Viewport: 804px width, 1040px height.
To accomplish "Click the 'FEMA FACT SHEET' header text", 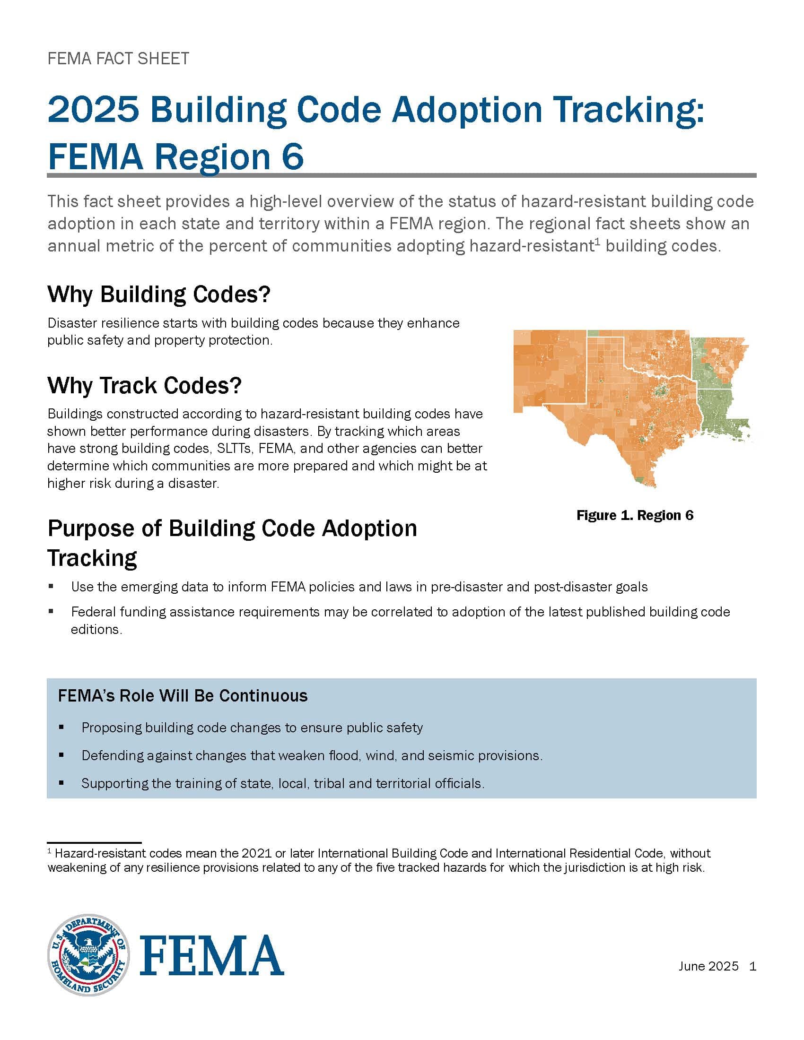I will tap(118, 59).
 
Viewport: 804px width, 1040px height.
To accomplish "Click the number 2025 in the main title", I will tap(93, 110).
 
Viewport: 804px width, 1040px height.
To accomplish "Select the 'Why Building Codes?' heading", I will tap(158, 295).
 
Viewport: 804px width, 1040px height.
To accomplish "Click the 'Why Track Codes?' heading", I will tap(144, 385).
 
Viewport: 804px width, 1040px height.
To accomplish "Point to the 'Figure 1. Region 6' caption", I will tap(634, 515).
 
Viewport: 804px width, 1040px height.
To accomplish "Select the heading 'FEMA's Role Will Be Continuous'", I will tap(183, 696).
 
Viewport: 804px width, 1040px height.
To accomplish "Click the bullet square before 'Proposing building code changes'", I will tap(61, 728).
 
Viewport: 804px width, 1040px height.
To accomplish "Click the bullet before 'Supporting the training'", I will tap(61, 783).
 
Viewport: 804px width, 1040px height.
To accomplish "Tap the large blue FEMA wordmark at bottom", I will tap(211, 955).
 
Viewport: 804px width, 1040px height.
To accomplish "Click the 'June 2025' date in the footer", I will tap(708, 966).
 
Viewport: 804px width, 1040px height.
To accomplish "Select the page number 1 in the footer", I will tap(752, 966).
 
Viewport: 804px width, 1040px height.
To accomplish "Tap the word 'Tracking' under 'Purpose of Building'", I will tap(92, 558).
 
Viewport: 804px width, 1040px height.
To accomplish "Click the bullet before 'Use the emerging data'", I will tap(51, 587).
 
